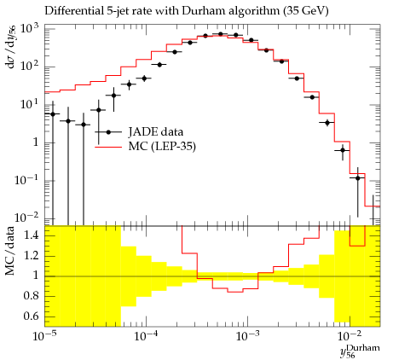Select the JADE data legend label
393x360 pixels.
tap(156, 132)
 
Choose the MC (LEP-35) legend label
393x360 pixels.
tap(162, 147)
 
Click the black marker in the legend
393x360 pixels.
tap(108, 132)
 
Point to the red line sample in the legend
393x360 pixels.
tap(108, 147)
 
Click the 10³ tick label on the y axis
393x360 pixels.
tap(28, 29)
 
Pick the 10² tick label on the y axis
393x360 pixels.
tap(28, 67)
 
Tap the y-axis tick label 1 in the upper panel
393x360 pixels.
tap(36, 142)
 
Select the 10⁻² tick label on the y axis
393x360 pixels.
tap(26, 218)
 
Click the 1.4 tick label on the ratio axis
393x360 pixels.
tap(32, 235)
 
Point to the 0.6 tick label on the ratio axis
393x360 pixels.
tap(32, 316)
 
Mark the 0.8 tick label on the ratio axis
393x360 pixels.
tap(32, 296)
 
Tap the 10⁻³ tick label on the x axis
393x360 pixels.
tap(248, 336)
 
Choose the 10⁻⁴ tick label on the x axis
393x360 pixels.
tap(147, 336)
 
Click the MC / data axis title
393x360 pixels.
tap(9, 251)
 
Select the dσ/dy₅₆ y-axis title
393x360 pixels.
tap(11, 47)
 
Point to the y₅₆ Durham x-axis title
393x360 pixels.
tap(360, 351)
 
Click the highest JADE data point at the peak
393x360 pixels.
tap(221, 34)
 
